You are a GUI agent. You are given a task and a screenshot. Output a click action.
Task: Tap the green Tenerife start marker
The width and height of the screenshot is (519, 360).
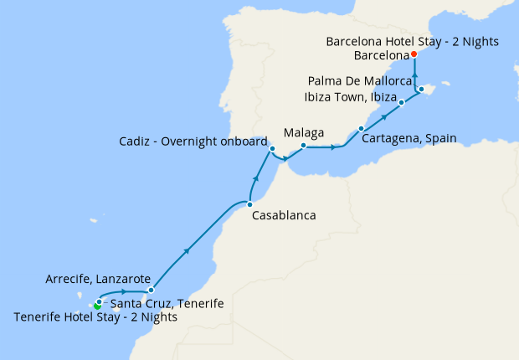(x=97, y=306)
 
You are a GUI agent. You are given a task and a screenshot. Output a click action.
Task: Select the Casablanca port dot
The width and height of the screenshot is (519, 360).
(x=249, y=203)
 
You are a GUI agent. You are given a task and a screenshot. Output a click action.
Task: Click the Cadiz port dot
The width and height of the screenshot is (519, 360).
(x=272, y=150)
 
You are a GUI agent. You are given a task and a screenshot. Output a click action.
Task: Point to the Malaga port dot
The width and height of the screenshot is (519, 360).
(x=303, y=146)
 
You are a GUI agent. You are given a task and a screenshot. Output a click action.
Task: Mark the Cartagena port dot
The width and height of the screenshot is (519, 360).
(x=361, y=129)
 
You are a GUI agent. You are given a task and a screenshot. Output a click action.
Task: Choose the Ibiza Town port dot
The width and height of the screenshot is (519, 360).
(x=402, y=103)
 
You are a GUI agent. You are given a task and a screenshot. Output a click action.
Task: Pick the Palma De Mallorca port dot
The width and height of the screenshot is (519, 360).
(x=422, y=89)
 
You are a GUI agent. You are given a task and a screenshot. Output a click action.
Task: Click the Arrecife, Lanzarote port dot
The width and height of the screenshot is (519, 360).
(x=151, y=290)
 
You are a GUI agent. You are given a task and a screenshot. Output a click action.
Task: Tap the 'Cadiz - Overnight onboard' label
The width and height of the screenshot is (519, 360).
(x=193, y=141)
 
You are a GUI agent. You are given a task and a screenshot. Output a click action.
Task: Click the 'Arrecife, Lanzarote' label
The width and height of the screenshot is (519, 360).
(x=98, y=279)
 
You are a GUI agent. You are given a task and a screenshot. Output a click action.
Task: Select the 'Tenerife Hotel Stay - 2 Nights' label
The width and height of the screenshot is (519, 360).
(x=96, y=317)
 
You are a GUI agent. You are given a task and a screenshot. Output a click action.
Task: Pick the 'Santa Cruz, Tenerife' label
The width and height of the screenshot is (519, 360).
(x=167, y=303)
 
